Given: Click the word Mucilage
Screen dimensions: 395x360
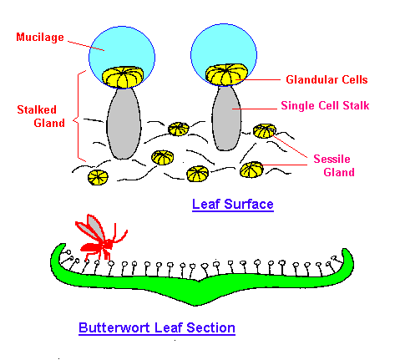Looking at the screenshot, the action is (40, 38).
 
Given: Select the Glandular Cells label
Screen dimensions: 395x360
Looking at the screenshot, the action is (327, 79).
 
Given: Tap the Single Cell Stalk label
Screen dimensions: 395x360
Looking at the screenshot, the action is (325, 105).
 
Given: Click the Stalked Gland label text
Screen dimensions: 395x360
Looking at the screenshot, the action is (41, 116).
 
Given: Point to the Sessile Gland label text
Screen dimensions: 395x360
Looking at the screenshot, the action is (334, 165).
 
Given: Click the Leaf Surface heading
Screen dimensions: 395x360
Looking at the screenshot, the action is (233, 205).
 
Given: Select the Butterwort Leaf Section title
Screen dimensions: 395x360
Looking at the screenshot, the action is (157, 328).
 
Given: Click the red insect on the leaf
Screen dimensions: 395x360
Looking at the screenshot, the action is (100, 238).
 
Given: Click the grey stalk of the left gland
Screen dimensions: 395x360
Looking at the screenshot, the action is (124, 124).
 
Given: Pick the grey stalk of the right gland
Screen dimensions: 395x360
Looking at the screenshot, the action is (226, 119).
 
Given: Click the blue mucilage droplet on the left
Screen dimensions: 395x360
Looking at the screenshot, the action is (122, 52).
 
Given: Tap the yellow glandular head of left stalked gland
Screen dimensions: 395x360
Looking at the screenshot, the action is (123, 77).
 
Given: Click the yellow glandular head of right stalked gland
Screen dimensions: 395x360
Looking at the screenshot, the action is (226, 74).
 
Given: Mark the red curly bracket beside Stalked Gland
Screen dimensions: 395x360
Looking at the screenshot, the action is (78, 116).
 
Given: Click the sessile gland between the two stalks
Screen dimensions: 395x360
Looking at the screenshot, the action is (179, 129).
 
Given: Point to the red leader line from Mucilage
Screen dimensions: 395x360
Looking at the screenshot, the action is (86, 46).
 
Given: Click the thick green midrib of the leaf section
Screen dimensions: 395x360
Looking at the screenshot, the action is (197, 292).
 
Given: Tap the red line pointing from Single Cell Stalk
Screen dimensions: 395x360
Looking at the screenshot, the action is (255, 109).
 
